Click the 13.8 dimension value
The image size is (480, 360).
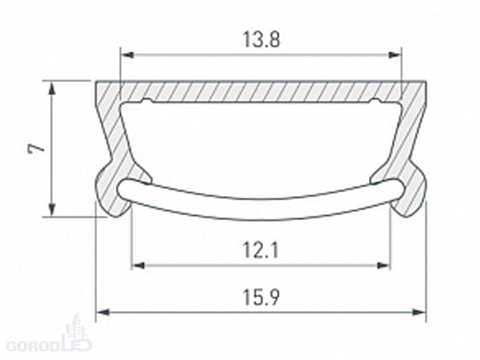click(261, 40)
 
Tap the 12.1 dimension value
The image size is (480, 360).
click(260, 250)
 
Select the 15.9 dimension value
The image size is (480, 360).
click(261, 298)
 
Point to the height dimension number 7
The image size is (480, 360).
click(36, 148)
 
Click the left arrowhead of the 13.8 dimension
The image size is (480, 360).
click(127, 55)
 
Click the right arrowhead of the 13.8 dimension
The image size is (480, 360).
click(394, 55)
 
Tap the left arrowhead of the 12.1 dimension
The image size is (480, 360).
click(138, 265)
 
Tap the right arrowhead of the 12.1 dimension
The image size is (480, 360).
click(384, 265)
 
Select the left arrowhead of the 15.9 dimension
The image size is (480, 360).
click(103, 312)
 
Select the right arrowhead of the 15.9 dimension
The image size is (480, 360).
click(419, 312)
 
